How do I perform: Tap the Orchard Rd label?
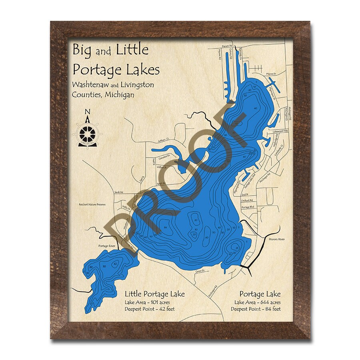[x=247, y=200]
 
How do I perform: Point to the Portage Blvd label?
[x=248, y=207]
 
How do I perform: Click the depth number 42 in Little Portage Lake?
[x=116, y=264]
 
